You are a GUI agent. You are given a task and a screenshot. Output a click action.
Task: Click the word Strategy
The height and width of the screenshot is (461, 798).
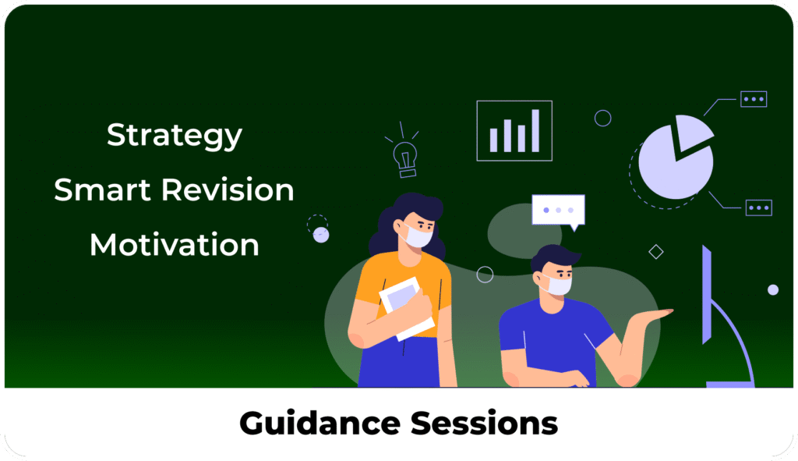pyautogui.click(x=174, y=136)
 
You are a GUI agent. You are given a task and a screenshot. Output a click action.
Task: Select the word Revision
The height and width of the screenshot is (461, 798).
pyautogui.click(x=228, y=190)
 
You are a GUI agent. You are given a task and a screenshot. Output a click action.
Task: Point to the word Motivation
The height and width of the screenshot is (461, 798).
pyautogui.click(x=174, y=244)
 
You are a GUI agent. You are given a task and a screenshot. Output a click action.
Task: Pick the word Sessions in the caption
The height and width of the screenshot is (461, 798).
pyautogui.click(x=484, y=424)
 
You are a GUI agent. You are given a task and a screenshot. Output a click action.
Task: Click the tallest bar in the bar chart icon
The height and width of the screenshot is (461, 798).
pyautogui.click(x=535, y=130)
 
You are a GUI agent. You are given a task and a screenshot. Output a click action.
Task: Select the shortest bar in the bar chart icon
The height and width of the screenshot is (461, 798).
pyautogui.click(x=493, y=140)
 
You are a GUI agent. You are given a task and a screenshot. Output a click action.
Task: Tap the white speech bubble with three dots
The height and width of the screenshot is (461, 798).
pyautogui.click(x=558, y=211)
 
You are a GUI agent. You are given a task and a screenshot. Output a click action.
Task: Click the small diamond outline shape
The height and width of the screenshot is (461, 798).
pyautogui.click(x=656, y=252)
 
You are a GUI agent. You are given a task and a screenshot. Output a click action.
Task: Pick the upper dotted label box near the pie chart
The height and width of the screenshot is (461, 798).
pyautogui.click(x=754, y=99)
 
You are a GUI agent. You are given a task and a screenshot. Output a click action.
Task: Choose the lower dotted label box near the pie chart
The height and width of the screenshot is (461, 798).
pyautogui.click(x=759, y=207)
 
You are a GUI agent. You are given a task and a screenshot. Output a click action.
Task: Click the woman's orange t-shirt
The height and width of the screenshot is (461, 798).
pyautogui.click(x=402, y=285)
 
